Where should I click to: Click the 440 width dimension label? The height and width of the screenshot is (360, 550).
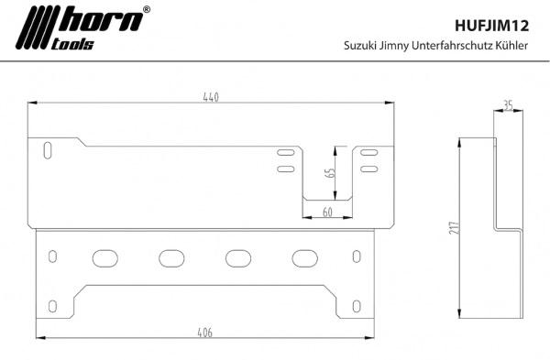tap(211, 97)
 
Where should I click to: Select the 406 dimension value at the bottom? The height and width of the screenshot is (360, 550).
tap(204, 333)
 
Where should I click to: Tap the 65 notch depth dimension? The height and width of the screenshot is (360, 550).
tap(330, 173)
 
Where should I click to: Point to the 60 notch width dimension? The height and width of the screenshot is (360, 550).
tap(327, 213)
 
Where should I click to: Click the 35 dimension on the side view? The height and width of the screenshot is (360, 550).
tap(508, 104)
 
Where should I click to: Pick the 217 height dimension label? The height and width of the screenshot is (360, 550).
tap(454, 228)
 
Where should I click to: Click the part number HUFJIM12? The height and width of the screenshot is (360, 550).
tap(491, 26)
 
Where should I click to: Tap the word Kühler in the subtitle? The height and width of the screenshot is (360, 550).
tap(511, 46)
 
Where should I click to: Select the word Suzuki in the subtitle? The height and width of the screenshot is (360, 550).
tap(359, 46)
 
